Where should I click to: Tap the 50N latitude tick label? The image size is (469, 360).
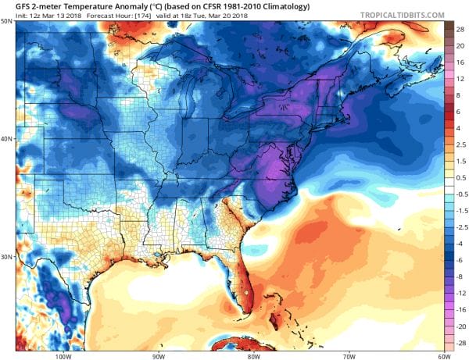click(7, 21)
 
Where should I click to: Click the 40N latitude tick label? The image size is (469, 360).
click(7, 139)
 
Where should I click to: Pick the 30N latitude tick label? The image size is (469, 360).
click(7, 257)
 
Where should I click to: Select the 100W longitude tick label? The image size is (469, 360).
click(64, 356)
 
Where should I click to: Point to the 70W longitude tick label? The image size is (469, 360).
click(349, 356)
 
